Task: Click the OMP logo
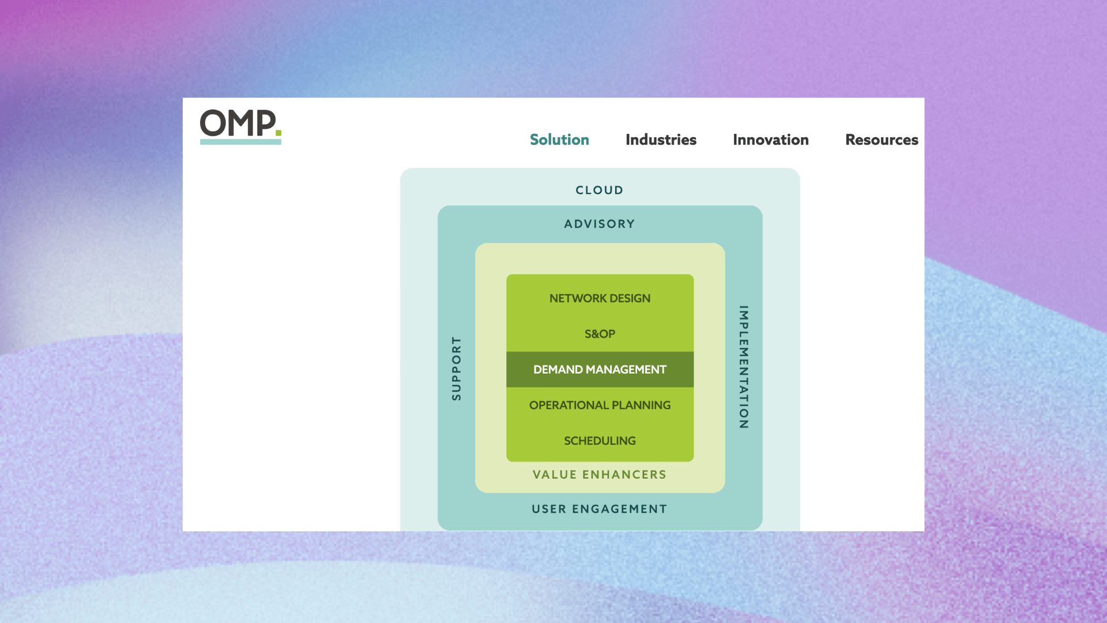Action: click(240, 126)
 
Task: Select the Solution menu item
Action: click(559, 140)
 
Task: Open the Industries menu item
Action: click(661, 140)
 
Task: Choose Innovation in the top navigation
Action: click(771, 140)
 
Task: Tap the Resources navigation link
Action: click(882, 140)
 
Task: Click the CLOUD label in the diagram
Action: click(600, 190)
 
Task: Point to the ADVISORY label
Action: click(600, 224)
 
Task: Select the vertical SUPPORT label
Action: click(457, 369)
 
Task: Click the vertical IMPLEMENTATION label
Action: click(744, 367)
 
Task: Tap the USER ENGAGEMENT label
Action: click(600, 509)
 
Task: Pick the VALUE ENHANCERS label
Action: click(600, 475)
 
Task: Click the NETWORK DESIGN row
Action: click(600, 298)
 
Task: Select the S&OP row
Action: click(600, 334)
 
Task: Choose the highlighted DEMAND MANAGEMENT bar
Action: click(600, 369)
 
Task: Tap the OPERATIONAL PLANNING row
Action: click(600, 405)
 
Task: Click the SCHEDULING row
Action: click(600, 441)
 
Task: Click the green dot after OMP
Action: click(278, 133)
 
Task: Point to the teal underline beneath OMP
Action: click(240, 142)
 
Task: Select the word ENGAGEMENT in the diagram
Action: click(620, 509)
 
